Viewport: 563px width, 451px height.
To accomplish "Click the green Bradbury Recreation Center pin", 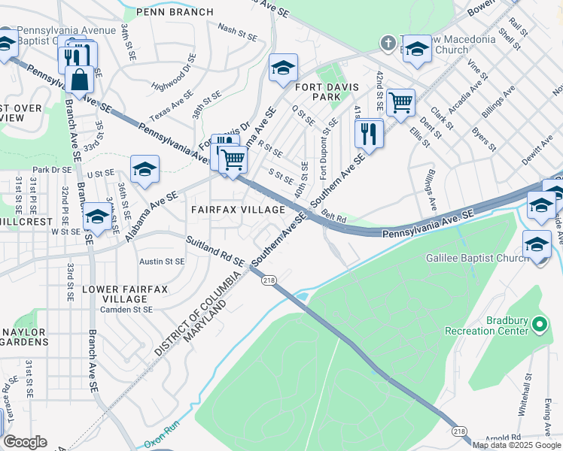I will [539, 325].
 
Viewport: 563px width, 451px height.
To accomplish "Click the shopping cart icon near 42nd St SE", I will [401, 101].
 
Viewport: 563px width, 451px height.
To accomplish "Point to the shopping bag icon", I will [79, 78].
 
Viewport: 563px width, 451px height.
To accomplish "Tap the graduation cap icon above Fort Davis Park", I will [283, 68].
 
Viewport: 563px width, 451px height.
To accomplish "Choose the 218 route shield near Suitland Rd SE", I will [269, 280].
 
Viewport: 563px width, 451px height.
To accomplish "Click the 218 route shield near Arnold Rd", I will [459, 431].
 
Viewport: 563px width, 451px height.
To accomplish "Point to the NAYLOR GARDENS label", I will [25, 336].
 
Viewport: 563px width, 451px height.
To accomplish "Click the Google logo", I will [25, 442].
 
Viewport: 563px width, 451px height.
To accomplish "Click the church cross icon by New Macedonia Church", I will [388, 43].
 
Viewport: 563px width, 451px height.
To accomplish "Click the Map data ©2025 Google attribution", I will [517, 445].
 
